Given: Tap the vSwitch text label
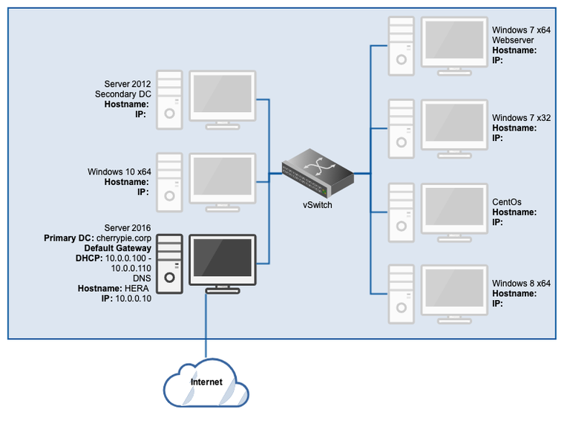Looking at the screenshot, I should point(317,205).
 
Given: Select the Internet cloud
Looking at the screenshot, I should point(206,383).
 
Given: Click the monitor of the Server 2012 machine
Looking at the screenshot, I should point(223,96).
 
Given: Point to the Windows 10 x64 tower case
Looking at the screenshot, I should point(170,177).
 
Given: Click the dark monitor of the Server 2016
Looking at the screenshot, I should point(223,261).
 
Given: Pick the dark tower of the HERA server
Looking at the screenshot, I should point(170,262).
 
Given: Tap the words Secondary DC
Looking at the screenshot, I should point(122,94).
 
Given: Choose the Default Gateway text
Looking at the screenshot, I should point(117,248).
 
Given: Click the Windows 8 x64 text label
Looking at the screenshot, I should point(521,283).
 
